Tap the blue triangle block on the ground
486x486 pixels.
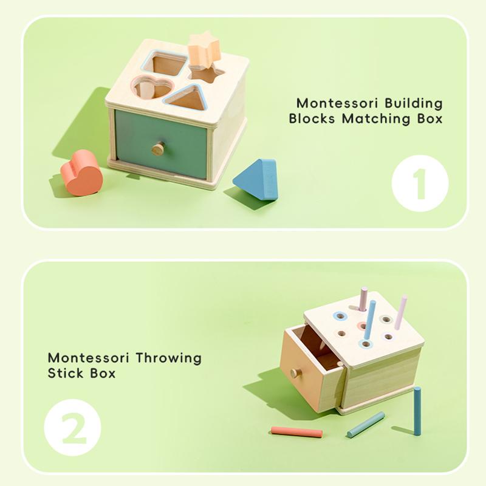(x=257, y=180)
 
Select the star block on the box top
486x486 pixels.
(x=204, y=50)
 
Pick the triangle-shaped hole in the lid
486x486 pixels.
(x=187, y=98)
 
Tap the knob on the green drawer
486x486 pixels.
(x=159, y=148)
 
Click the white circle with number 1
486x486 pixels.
(x=420, y=183)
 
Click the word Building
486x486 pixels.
(x=412, y=103)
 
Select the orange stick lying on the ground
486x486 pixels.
(x=296, y=432)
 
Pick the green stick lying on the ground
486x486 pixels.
(x=366, y=425)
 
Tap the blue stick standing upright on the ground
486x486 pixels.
(x=417, y=411)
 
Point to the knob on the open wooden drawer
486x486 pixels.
(x=296, y=372)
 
